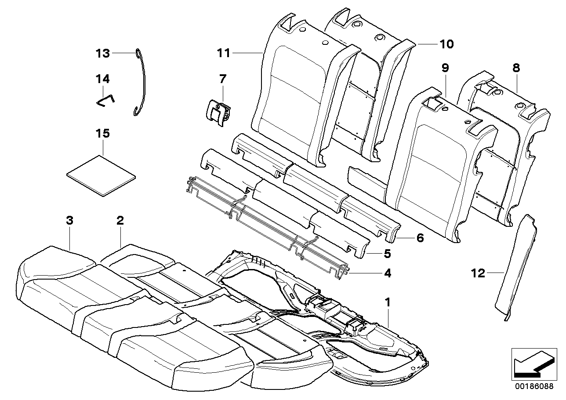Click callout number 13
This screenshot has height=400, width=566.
coord(102,54)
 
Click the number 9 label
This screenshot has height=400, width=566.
coord(445,68)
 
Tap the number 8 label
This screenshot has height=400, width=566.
coord(515,68)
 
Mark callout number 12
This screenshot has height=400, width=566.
coord(478,273)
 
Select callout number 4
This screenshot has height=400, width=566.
coord(387,273)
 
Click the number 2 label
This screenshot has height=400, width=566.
coord(120,221)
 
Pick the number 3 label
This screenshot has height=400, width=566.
coord(69,221)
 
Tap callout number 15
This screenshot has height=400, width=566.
coord(102,133)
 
